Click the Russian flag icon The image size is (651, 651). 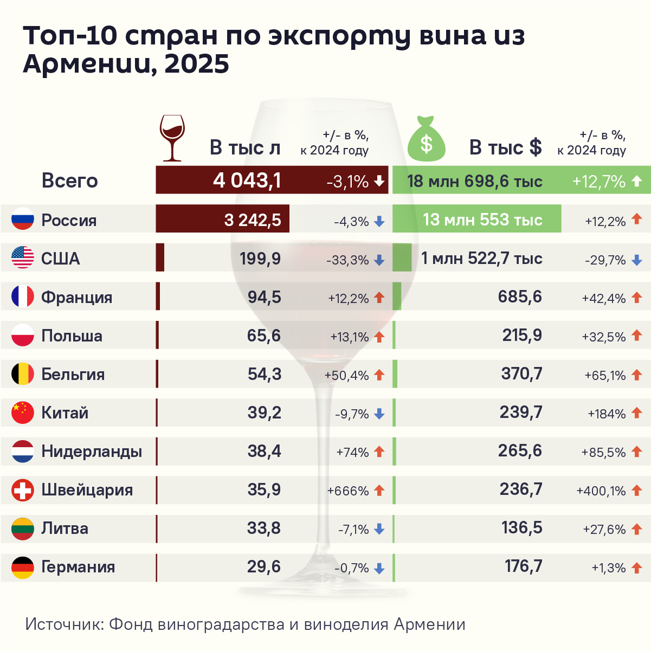pyautogui.click(x=23, y=220)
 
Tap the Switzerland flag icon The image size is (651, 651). pyautogui.click(x=23, y=490)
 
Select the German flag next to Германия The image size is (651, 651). pyautogui.click(x=23, y=567)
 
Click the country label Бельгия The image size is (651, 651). pyautogui.click(x=73, y=375)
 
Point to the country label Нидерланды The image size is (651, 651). pyautogui.click(x=92, y=452)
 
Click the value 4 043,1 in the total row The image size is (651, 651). pyautogui.click(x=247, y=181)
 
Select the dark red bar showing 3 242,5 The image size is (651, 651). pyautogui.click(x=222, y=219)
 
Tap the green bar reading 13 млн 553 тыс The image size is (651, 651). pyautogui.click(x=476, y=220)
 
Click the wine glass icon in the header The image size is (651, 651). pyautogui.click(x=172, y=138)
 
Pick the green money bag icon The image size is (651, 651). pyautogui.click(x=426, y=140)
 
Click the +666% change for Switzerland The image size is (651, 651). pyautogui.click(x=348, y=491)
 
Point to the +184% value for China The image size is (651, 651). pyautogui.click(x=607, y=414)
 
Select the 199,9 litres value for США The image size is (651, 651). pyautogui.click(x=260, y=259)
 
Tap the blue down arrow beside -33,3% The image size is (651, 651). pyautogui.click(x=379, y=261)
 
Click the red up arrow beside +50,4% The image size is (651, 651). pyautogui.click(x=379, y=375)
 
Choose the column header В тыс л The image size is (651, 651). pyautogui.click(x=245, y=148)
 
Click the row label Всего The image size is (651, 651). pyautogui.click(x=69, y=181)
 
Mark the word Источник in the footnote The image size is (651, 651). pyautogui.click(x=64, y=624)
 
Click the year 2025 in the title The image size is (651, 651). pyautogui.click(x=197, y=64)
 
